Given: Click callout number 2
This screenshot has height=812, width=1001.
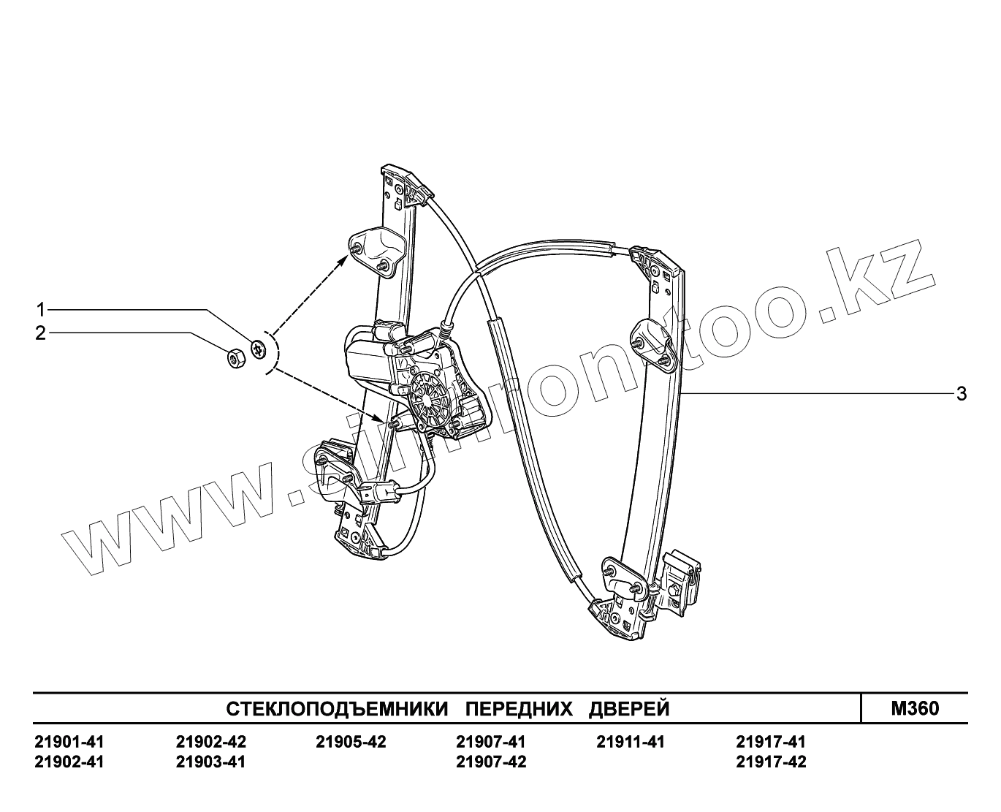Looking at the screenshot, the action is tap(41, 334).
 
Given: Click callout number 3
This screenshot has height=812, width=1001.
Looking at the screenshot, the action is tap(962, 394).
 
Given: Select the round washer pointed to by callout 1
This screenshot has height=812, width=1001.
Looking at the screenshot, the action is tap(258, 349).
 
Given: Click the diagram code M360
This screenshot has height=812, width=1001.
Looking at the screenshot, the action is tap(915, 708).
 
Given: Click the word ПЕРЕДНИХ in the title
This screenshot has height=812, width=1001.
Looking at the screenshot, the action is tap(518, 709).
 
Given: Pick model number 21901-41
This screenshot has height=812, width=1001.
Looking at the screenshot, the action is tap(69, 743).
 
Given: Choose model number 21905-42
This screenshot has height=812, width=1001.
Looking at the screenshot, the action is tap(351, 743).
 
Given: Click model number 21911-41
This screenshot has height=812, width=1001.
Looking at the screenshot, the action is tap(631, 743).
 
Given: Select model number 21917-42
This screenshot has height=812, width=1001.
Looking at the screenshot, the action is tap(771, 762).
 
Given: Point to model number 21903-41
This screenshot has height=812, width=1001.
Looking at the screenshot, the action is tap(210, 762).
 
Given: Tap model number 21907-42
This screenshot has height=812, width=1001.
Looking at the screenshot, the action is tap(490, 762).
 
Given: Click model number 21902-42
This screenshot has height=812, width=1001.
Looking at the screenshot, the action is tap(210, 743).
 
